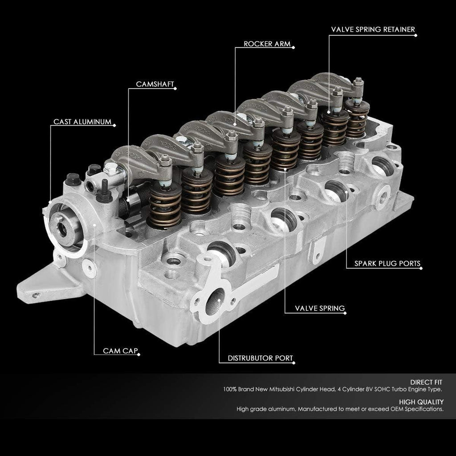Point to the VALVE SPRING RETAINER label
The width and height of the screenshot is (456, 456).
point(373,30)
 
